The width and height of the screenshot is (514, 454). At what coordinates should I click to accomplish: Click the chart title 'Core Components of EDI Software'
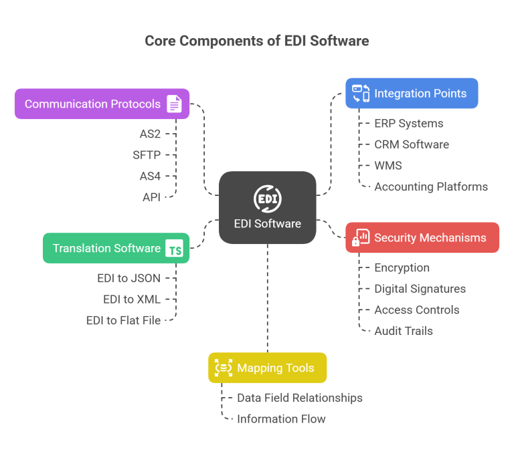click(x=256, y=41)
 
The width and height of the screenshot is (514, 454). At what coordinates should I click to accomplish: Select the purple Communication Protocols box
click(x=102, y=104)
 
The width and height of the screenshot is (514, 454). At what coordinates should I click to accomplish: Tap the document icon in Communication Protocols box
click(x=174, y=104)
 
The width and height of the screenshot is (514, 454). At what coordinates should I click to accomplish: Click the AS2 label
click(x=150, y=134)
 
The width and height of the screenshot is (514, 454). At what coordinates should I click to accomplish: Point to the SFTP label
click(x=147, y=155)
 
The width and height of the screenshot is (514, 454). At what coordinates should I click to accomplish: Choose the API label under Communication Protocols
click(x=151, y=197)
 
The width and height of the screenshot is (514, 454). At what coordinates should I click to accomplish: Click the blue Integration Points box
click(x=412, y=93)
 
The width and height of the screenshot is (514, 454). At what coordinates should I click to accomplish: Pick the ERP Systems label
click(x=408, y=123)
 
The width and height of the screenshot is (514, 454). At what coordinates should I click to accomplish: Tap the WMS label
click(x=388, y=165)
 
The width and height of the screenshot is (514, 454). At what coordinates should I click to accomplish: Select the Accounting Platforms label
click(x=430, y=187)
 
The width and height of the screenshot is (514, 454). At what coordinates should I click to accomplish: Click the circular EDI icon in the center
click(x=267, y=199)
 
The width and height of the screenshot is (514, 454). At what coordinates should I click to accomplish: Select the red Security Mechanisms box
click(x=422, y=237)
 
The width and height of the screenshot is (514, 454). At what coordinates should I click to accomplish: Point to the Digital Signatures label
click(x=420, y=289)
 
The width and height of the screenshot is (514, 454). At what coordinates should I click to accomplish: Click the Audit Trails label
click(x=403, y=331)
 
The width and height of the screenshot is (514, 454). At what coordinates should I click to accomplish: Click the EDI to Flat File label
click(x=123, y=321)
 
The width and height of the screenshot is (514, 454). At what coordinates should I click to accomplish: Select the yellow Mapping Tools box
click(x=267, y=368)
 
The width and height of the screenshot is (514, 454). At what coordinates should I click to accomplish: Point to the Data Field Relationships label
click(x=299, y=398)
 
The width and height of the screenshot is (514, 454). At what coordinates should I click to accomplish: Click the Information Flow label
click(x=281, y=419)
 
